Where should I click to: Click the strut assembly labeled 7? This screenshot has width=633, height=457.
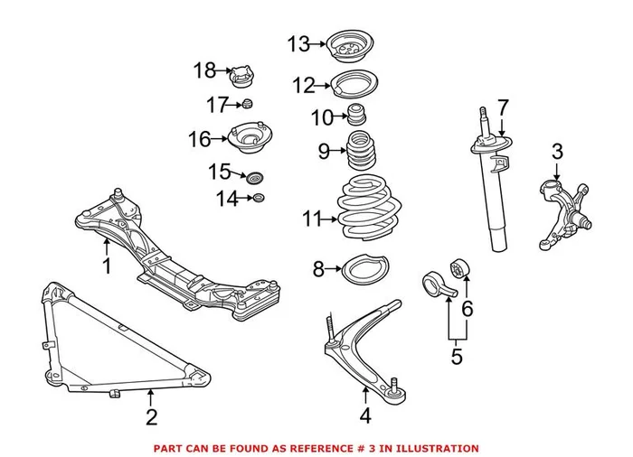496,190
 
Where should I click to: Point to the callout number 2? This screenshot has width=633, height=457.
151,416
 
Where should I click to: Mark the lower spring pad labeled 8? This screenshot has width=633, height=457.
363,269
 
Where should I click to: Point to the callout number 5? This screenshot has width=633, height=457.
457,357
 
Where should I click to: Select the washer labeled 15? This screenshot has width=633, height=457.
256,177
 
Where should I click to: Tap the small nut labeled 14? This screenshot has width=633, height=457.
258,198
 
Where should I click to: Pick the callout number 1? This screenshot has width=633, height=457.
106,266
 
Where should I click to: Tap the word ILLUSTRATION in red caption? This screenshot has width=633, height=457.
436,448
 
